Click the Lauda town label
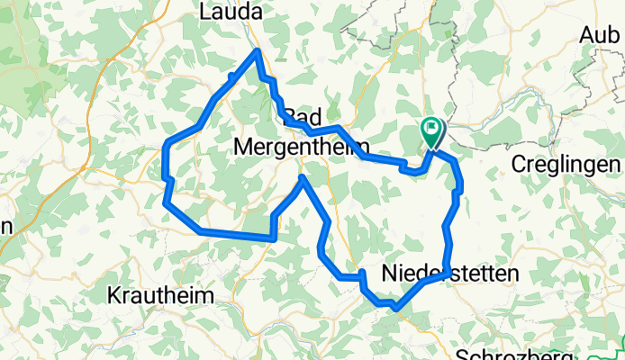click(x=231, y=13)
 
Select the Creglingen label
click(x=566, y=165)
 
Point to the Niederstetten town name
click(x=449, y=273)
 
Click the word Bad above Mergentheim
click(x=302, y=117)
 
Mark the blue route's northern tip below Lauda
click(x=258, y=51)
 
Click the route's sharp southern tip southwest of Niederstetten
click(x=394, y=308)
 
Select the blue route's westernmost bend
click(x=165, y=146)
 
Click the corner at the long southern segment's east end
click(x=273, y=238)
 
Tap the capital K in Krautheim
click(x=114, y=295)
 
